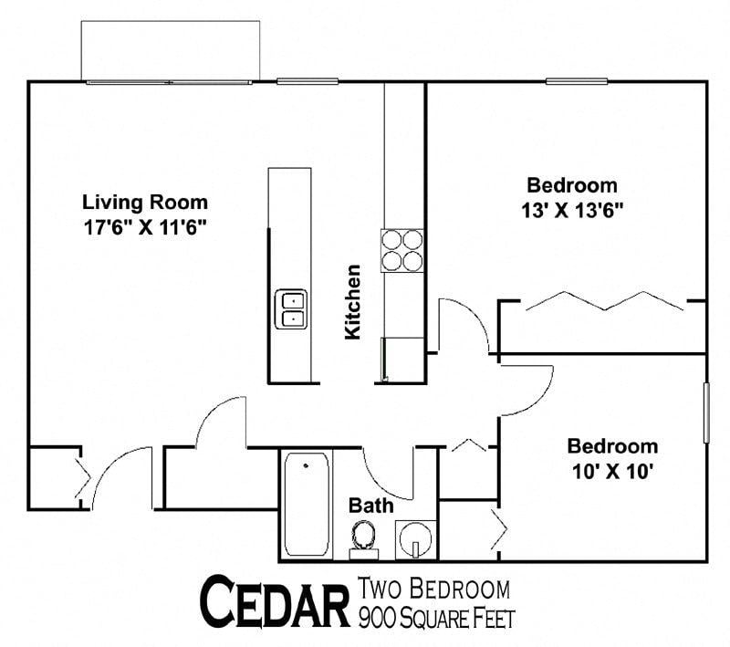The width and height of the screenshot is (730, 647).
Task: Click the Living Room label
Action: click(145, 202)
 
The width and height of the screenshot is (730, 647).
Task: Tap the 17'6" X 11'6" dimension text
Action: click(145, 225)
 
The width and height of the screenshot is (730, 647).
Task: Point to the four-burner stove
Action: click(402, 249)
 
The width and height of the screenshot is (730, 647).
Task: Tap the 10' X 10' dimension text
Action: click(612, 472)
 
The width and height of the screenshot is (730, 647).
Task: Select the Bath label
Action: click(371, 506)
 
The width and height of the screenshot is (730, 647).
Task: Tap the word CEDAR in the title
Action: click(275, 602)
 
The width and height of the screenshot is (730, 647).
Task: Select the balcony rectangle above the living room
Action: click(171, 49)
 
